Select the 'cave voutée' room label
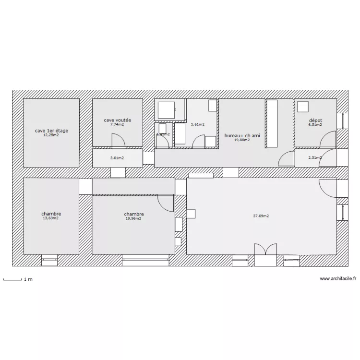(x=118, y=120)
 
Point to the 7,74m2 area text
(x=117, y=124)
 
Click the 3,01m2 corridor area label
(x=117, y=158)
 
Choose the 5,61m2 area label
(x=197, y=124)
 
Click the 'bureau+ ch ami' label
(x=242, y=136)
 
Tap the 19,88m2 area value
(x=242, y=140)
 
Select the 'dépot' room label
(x=315, y=120)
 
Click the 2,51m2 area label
(x=315, y=157)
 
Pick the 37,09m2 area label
(x=261, y=216)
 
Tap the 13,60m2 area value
(x=51, y=218)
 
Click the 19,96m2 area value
(x=133, y=219)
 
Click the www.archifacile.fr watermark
(x=337, y=278)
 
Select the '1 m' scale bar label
(x=28, y=279)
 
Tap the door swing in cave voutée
(x=118, y=140)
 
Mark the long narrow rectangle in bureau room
(x=272, y=123)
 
